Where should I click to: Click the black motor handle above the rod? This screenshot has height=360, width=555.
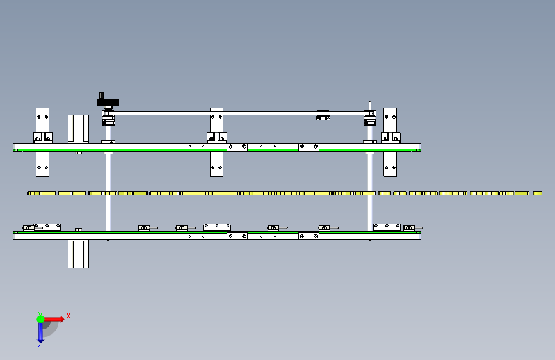108,102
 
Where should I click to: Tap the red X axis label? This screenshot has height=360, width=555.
68,316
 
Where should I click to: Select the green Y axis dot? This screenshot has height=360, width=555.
40,319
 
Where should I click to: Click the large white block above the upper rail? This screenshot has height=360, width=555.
78,129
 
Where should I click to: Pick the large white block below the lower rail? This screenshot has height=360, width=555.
78,254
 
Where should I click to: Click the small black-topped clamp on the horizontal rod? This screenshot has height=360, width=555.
323,115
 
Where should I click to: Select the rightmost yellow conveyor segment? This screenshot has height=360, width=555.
538,193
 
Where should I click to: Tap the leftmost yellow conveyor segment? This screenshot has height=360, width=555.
42,193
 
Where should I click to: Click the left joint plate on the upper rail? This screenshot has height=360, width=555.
237,146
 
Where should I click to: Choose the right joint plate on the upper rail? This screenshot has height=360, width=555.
309,146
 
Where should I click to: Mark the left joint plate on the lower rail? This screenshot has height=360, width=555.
237,236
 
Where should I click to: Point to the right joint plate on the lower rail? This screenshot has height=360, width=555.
309,236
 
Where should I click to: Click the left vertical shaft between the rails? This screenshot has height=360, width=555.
108,192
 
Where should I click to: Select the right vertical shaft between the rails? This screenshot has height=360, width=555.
370,192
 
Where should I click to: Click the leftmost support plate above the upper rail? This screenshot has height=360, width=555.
42,120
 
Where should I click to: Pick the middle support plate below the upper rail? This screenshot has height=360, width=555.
216,164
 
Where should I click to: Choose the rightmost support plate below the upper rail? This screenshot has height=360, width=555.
390,164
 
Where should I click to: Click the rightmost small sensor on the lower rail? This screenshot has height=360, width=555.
409,228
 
